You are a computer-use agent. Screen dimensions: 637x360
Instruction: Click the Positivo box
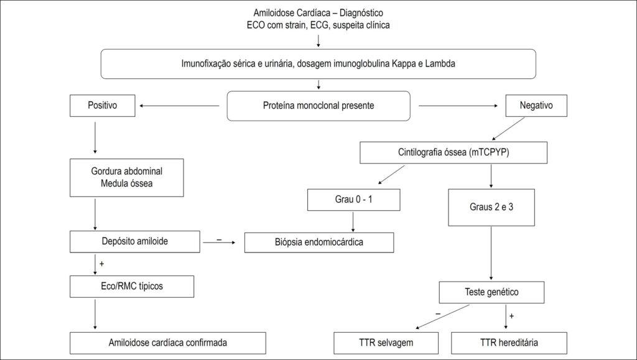pyautogui.click(x=103, y=106)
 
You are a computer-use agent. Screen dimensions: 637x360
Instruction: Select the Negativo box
pyautogui.click(x=536, y=106)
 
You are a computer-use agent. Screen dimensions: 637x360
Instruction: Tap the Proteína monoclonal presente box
pyautogui.click(x=318, y=106)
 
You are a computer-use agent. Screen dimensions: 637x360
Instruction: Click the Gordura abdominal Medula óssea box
pyautogui.click(x=127, y=178)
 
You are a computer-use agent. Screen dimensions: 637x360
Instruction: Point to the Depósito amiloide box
pyautogui.click(x=135, y=241)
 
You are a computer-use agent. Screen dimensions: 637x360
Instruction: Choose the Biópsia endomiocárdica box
pyautogui.click(x=319, y=242)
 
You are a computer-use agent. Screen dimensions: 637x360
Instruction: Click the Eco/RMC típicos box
pyautogui.click(x=132, y=287)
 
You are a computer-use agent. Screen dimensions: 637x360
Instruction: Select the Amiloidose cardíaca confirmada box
pyautogui.click(x=168, y=343)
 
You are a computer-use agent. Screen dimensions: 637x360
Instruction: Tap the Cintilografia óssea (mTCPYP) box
pyautogui.click(x=453, y=152)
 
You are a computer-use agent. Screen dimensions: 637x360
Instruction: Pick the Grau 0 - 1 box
pyautogui.click(x=354, y=200)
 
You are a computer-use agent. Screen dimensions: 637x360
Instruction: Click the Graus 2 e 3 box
pyautogui.click(x=491, y=208)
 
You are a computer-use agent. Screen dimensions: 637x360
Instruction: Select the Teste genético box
pyautogui.click(x=491, y=292)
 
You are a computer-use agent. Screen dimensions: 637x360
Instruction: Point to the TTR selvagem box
pyautogui.click(x=386, y=343)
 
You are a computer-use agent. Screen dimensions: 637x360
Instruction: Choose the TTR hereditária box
pyautogui.click(x=509, y=343)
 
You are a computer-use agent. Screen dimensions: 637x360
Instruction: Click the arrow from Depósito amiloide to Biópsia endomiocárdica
pyautogui.click(x=219, y=242)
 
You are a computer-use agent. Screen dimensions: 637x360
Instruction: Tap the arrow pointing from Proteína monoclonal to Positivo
pyautogui.click(x=179, y=106)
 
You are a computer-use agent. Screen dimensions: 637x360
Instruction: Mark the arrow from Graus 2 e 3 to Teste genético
pyautogui.click(x=491, y=253)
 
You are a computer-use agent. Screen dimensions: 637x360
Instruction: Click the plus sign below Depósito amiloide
pyautogui.click(x=101, y=264)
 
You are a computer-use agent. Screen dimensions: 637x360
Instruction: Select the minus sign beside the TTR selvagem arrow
pyautogui.click(x=438, y=314)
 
